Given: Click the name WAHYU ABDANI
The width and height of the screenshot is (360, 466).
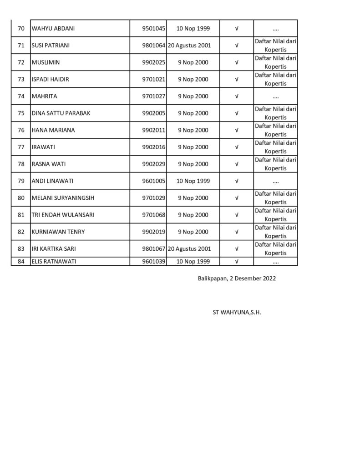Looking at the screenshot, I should pos(53,28).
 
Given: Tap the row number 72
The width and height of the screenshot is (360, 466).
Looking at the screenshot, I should pos(21,62).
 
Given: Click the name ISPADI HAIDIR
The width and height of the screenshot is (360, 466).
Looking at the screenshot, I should pos(50,79).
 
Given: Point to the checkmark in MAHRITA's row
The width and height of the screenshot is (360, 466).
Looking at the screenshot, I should pos(237,96).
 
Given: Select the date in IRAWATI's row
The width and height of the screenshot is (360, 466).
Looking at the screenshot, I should pos(193,147).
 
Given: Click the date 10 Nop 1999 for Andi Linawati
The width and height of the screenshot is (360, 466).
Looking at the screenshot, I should pos(193,181).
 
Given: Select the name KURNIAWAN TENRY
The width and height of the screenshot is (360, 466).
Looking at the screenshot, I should pos(58,232).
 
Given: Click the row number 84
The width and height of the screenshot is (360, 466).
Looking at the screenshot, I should pos(21,261).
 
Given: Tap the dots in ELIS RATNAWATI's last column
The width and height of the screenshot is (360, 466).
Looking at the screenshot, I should pos(275,262).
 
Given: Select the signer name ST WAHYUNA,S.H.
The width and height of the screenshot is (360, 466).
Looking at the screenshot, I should pos(237,313).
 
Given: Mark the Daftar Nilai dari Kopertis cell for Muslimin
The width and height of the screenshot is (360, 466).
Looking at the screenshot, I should pos(275,62).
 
